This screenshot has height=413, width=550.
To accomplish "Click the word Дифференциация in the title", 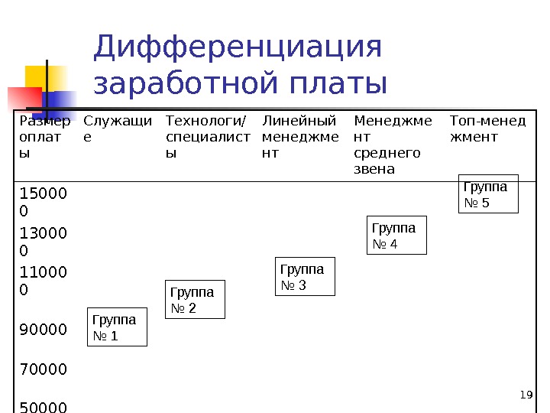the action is coord(237,47).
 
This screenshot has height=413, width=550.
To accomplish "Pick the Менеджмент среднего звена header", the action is coord(393,144).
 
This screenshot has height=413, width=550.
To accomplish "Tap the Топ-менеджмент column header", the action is coord(487,128).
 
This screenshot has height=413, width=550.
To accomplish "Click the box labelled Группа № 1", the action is coord(117,327).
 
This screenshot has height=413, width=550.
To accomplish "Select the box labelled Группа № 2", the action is coord(196,299).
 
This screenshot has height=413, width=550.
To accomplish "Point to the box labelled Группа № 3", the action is coord(305,277).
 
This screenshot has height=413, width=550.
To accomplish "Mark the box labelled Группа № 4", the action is coord(397,236).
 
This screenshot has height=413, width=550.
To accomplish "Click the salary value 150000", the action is coord(44,200).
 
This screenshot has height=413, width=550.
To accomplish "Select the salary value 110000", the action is coord(44,281).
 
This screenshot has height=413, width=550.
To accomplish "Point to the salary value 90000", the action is coord(44,330).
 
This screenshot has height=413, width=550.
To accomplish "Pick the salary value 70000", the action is coord(44,369).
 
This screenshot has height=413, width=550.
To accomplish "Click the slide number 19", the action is coord(525,395).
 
